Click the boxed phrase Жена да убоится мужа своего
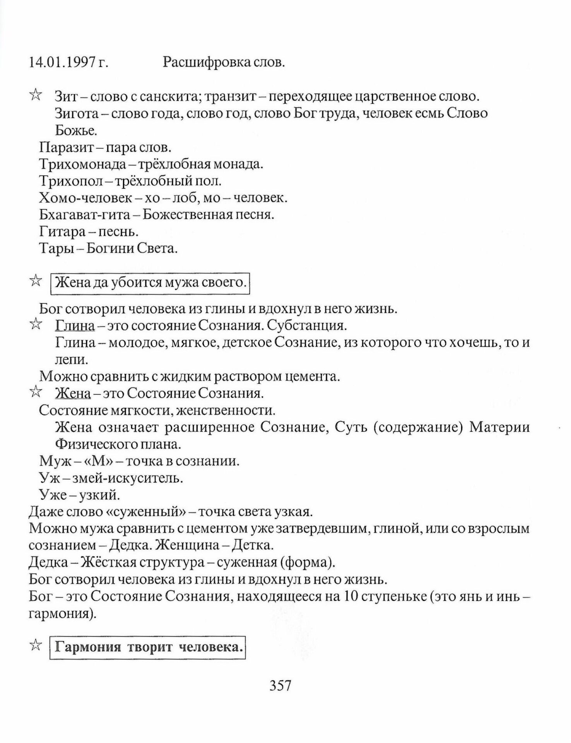(x=151, y=283)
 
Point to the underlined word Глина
(x=75, y=326)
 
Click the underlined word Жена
(x=73, y=393)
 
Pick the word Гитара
(x=62, y=231)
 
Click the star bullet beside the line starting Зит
(x=35, y=94)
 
